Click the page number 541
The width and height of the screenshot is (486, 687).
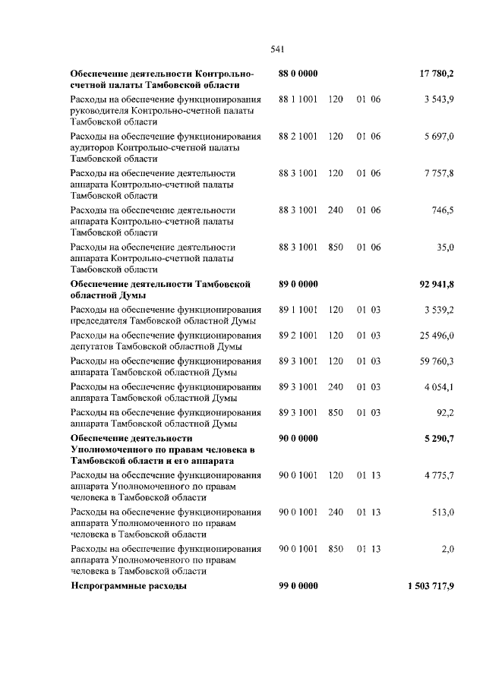pyautogui.click(x=277, y=50)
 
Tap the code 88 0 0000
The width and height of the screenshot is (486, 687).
pyautogui.click(x=298, y=74)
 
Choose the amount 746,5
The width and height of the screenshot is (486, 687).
pyautogui.click(x=443, y=210)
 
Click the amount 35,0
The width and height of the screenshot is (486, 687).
pyautogui.click(x=446, y=247)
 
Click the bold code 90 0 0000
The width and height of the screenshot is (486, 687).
pyautogui.click(x=298, y=438)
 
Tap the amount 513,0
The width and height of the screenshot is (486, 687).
pyautogui.click(x=443, y=512)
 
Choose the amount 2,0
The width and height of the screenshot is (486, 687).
pyautogui.click(x=448, y=549)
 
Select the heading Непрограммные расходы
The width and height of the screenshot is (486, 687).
pyautogui.click(x=128, y=586)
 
